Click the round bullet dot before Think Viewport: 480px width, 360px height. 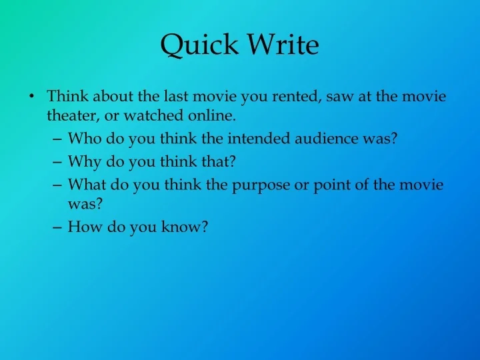(33, 97)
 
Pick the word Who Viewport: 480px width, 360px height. (83, 139)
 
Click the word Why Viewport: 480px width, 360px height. (83, 161)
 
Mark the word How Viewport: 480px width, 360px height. (83, 227)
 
